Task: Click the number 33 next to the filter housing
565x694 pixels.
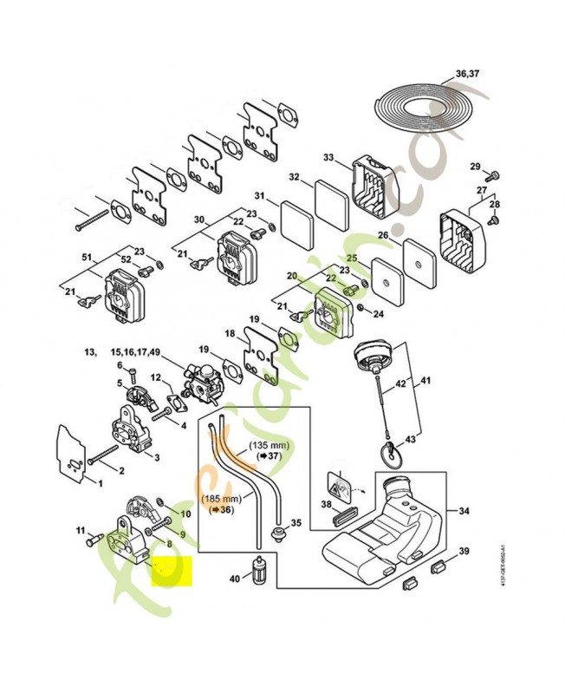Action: pos(328,158)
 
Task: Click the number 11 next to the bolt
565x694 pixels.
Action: pos(79,530)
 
